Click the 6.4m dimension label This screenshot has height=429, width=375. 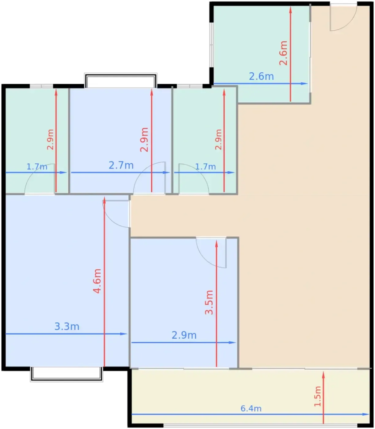pos(251,408)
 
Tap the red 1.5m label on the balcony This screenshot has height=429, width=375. pos(318,396)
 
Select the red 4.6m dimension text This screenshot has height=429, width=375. pos(97,281)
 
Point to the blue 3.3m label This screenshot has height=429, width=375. pos(67,326)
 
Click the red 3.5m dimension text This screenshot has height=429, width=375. pos(209,302)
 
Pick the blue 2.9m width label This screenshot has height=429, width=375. pos(184,335)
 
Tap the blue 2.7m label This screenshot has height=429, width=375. pos(121,165)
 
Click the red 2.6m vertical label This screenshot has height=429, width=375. pos(283,53)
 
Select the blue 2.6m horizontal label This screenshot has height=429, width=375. pos(261,76)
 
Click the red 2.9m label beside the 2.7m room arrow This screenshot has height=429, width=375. pos(144,140)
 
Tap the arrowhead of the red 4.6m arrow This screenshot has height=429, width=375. pos(104,200)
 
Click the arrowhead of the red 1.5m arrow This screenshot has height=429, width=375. pos(323,375)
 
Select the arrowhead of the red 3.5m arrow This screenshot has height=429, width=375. pos(216,244)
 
